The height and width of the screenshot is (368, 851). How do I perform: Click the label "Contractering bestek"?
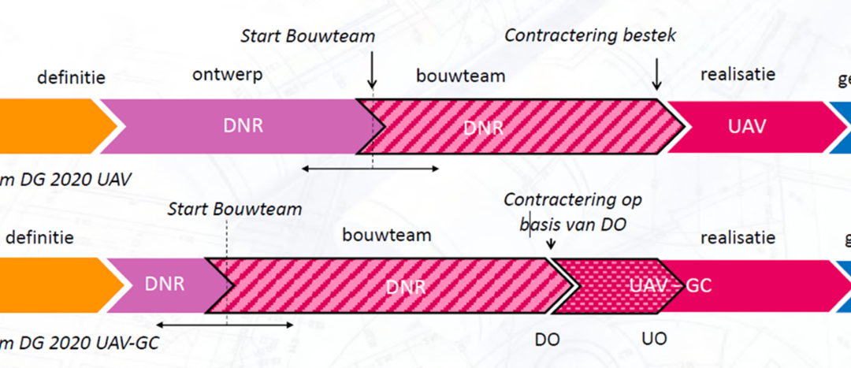(590, 35)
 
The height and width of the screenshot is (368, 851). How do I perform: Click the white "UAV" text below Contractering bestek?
(748, 126)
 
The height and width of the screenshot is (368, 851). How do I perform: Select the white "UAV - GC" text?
(671, 284)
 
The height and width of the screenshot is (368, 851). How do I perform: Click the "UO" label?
(654, 338)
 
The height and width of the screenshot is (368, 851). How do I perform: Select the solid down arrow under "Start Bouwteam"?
(373, 75)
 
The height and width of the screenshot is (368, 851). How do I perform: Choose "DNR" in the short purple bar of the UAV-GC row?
(164, 284)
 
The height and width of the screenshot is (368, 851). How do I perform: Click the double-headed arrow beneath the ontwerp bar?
(370, 167)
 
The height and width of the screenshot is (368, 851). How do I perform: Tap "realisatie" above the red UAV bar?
(738, 75)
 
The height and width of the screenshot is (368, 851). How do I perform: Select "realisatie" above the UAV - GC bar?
(738, 237)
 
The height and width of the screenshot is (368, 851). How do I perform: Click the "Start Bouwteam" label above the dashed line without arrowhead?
(234, 209)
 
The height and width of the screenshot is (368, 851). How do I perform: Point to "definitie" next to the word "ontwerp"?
(71, 77)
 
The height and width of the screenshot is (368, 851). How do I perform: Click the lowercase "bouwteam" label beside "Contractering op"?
(387, 235)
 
